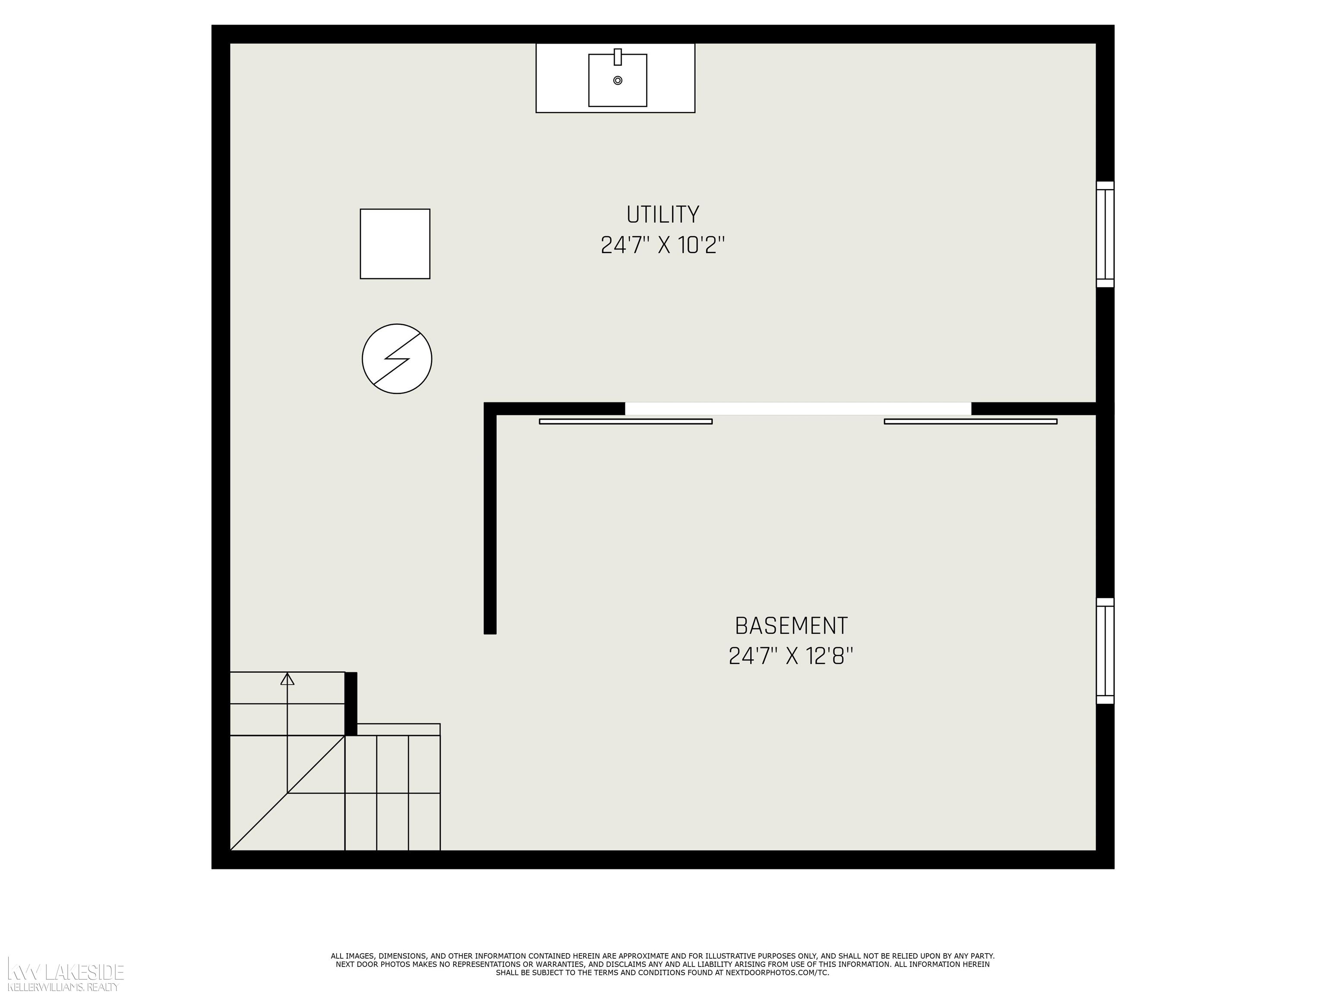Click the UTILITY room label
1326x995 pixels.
tap(663, 215)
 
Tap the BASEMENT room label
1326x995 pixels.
tap(791, 626)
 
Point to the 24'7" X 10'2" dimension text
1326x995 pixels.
tap(663, 245)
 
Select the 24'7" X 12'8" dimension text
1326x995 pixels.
tap(791, 656)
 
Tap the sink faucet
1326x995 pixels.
tap(617, 57)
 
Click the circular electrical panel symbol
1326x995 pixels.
tap(397, 358)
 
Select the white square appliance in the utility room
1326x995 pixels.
tap(395, 244)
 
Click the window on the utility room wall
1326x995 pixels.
tap(1105, 234)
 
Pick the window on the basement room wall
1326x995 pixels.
tap(1105, 651)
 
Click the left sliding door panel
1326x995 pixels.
tap(626, 421)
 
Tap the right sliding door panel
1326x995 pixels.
tap(970, 421)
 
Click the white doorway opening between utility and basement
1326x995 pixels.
tap(798, 409)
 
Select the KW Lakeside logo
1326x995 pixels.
tap(65, 972)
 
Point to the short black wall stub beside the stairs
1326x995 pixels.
tap(350, 703)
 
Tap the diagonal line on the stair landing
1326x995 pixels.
tap(288, 793)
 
